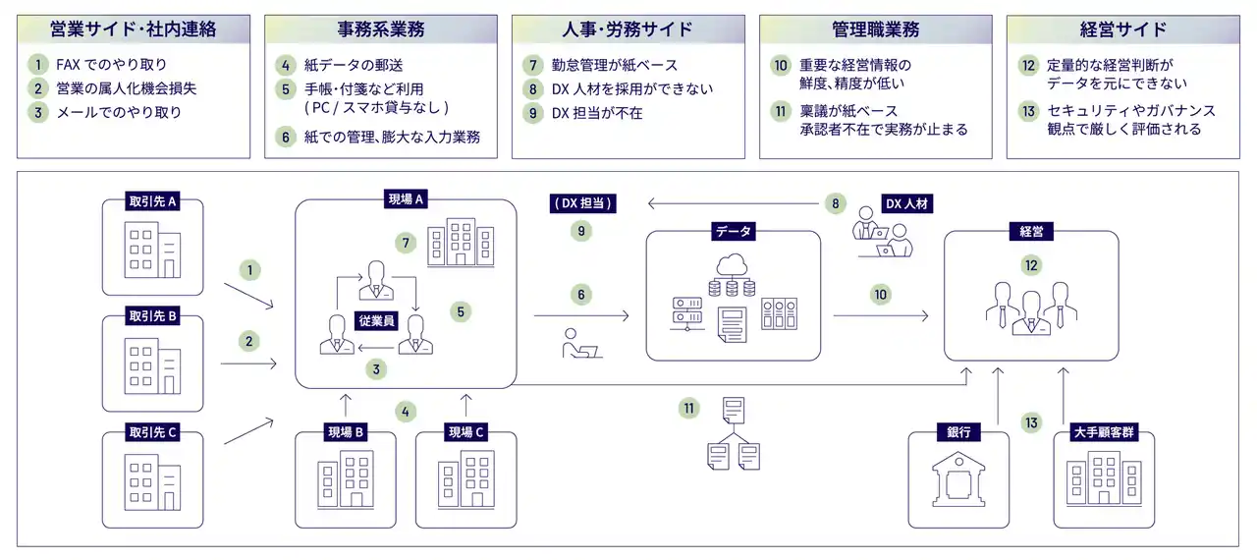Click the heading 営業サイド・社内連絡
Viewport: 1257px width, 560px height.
click(133, 29)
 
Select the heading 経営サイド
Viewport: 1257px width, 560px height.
click(1122, 29)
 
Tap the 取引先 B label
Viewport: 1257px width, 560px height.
click(152, 316)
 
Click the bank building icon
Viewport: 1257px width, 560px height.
click(958, 482)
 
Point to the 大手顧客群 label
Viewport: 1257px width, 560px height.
click(1104, 432)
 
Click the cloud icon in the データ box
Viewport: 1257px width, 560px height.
click(732, 264)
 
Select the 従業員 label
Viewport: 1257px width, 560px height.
click(376, 320)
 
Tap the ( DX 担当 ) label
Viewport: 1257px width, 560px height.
click(582, 203)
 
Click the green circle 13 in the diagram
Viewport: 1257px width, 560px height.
click(1031, 422)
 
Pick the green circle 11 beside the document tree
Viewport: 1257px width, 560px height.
click(688, 408)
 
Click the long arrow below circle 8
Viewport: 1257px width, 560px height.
click(733, 203)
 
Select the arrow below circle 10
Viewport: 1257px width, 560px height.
click(881, 316)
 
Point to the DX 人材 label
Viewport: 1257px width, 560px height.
click(906, 203)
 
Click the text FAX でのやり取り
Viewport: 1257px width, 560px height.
click(111, 65)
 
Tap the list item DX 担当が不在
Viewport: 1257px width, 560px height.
click(596, 113)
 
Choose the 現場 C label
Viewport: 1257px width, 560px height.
click(465, 432)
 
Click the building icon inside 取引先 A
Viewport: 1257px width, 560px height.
click(152, 250)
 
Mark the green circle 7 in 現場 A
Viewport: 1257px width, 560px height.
click(406, 243)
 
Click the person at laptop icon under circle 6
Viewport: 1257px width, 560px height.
click(580, 344)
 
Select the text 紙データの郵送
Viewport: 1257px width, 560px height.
click(354, 65)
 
